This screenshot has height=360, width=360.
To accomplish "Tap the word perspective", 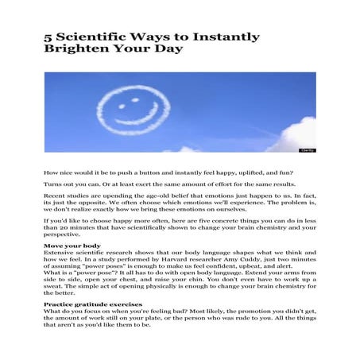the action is tap(64, 235).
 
